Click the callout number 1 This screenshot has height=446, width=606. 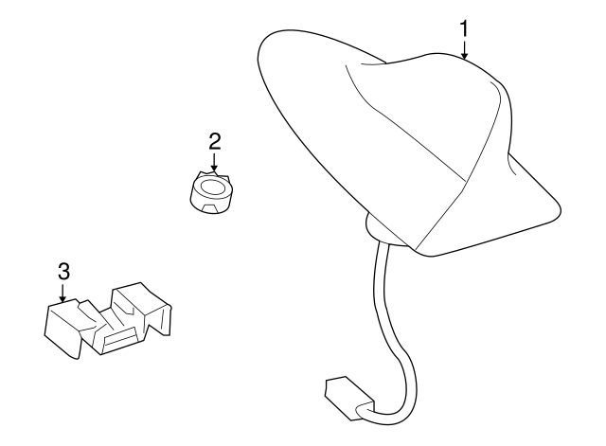click(x=464, y=29)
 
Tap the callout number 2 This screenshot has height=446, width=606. click(x=215, y=141)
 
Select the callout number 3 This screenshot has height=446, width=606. click(x=63, y=272)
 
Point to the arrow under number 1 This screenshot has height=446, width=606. click(x=464, y=48)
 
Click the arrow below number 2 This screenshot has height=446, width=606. click(x=214, y=161)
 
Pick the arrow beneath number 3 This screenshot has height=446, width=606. click(x=62, y=291)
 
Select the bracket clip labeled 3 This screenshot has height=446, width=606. click(x=108, y=321)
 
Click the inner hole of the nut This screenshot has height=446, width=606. click(x=212, y=187)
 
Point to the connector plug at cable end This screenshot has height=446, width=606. click(x=348, y=398)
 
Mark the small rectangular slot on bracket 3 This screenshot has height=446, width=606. click(x=120, y=339)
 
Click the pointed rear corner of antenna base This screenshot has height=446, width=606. click(x=560, y=208)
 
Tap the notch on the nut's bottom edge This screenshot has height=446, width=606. click(x=212, y=209)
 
